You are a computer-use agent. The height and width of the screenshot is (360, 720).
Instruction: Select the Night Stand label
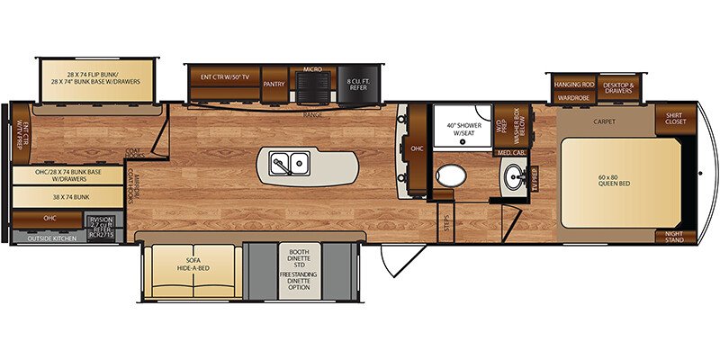pyautogui.click(x=676, y=238)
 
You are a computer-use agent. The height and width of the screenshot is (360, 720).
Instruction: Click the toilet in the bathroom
pyautogui.click(x=447, y=175)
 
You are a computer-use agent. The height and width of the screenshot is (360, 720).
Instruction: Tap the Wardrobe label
pyautogui.click(x=573, y=97)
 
